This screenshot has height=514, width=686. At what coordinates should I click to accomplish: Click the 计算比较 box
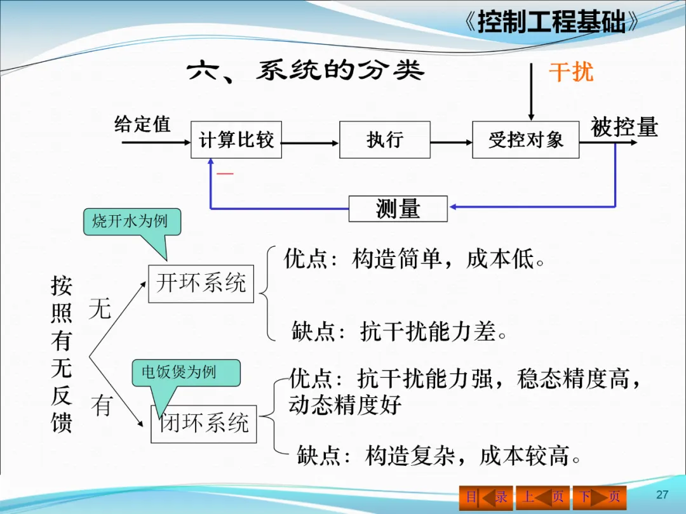[236, 140]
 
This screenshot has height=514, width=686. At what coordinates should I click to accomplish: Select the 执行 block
[385, 140]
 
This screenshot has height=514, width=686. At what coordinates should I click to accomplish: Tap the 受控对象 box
[525, 140]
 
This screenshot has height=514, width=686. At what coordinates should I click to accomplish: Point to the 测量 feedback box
[398, 209]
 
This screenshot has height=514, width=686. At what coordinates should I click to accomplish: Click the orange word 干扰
[571, 72]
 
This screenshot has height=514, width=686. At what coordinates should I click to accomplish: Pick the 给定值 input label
[142, 124]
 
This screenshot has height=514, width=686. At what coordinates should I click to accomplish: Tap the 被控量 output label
[624, 127]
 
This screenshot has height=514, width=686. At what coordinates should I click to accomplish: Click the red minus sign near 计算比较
[225, 173]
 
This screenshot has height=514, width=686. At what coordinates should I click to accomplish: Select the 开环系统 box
[201, 283]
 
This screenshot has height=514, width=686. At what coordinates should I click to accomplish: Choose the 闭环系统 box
[204, 423]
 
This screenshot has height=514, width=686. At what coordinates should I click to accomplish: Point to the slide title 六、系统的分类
[306, 71]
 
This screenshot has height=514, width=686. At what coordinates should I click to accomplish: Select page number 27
[662, 495]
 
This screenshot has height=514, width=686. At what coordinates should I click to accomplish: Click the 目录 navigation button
[486, 497]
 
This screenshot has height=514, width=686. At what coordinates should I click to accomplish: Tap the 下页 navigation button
[599, 497]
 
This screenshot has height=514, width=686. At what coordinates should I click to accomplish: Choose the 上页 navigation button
[542, 497]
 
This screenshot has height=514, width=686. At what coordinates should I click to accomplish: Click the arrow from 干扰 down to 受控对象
[531, 92]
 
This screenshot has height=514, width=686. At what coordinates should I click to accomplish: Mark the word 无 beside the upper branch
[100, 309]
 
